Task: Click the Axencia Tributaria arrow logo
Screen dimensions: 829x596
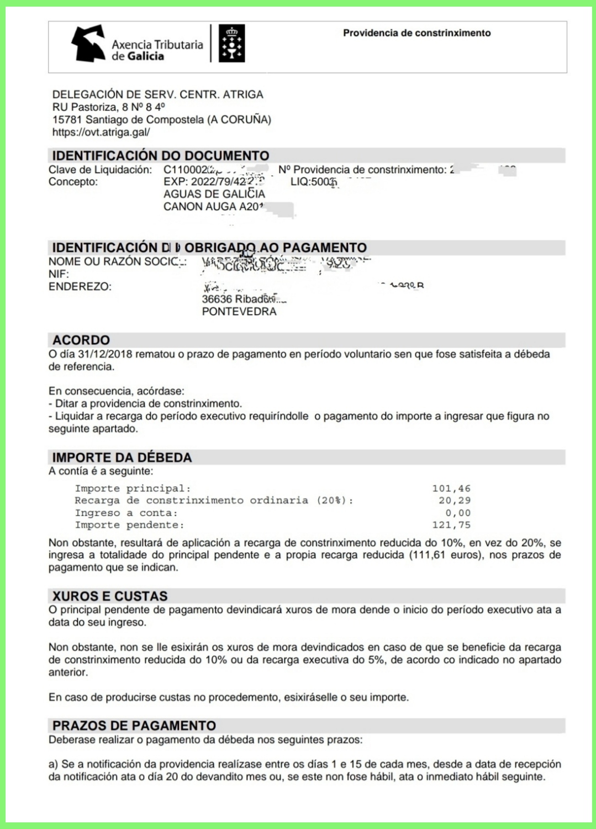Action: tap(88, 43)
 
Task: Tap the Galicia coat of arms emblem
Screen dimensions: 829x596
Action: tap(231, 43)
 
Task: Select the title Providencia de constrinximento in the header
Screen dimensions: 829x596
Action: tap(416, 33)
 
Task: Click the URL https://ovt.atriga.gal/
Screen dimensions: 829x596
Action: tap(101, 132)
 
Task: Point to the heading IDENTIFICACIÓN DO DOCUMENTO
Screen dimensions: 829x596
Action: tap(160, 155)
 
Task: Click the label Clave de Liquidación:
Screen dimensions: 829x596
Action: tap(100, 170)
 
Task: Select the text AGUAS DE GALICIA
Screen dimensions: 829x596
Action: tap(214, 194)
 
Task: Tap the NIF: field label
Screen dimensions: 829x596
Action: tap(59, 274)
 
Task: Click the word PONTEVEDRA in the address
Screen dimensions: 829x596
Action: tap(239, 312)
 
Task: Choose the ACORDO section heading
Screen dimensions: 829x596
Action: tap(81, 340)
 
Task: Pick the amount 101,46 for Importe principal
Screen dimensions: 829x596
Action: tap(451, 489)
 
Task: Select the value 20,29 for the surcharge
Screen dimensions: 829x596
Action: tap(454, 501)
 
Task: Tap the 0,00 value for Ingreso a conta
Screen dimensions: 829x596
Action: tap(457, 513)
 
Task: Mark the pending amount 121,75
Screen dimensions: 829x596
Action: tap(451, 525)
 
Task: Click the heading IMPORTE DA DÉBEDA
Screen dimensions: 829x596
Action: tap(122, 458)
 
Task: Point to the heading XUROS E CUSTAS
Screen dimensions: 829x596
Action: tap(109, 596)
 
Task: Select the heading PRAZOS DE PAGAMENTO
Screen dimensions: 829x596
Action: tap(134, 726)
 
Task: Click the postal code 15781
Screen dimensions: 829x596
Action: tap(66, 119)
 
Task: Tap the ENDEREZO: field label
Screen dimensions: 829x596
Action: tap(80, 287)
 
